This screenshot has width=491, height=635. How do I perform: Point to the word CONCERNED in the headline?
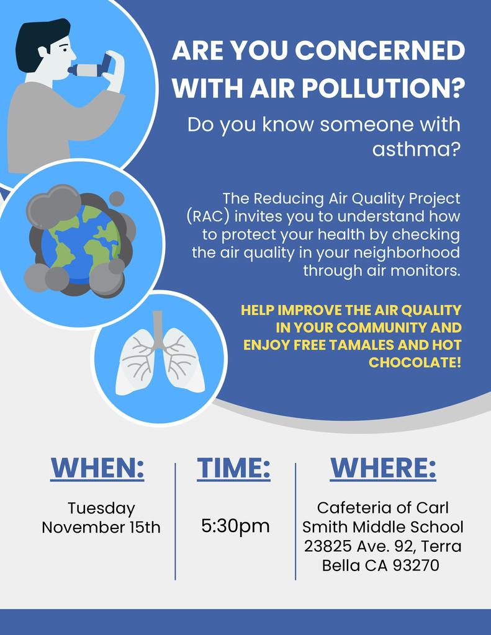[x=380, y=50]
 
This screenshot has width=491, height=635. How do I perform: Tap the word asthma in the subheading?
[x=417, y=149]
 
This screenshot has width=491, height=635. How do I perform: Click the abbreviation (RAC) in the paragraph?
[x=209, y=216]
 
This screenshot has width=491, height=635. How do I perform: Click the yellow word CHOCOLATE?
[x=415, y=362]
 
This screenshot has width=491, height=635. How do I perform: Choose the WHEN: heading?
[x=97, y=468]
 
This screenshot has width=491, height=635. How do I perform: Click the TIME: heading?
[x=234, y=468]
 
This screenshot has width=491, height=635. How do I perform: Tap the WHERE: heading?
[x=383, y=468]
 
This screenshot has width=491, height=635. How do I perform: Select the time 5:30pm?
[x=235, y=526]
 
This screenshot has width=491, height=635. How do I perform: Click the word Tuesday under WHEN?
[x=101, y=508]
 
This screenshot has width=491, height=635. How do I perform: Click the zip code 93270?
[x=416, y=566]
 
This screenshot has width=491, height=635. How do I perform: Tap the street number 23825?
[x=328, y=546]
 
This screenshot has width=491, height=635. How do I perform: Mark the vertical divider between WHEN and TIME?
[x=175, y=522]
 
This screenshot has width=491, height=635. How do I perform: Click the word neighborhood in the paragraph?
[x=407, y=253]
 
